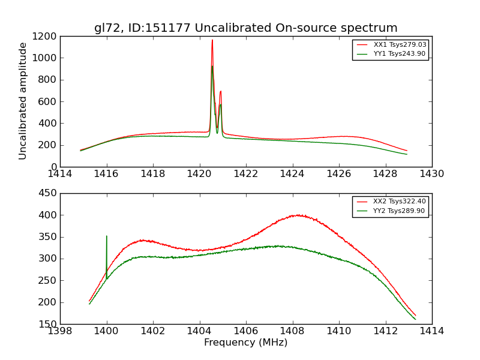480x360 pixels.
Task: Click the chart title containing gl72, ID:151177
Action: pos(245,28)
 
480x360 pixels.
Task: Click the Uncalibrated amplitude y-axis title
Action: pos(23,101)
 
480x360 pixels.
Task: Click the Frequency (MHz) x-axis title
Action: pos(245,343)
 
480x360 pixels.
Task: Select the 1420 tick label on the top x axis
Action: pos(199,174)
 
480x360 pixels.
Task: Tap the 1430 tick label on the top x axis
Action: pos(431,174)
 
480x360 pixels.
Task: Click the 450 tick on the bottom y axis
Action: pos(47,193)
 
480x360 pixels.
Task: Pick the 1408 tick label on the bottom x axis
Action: pos(292,331)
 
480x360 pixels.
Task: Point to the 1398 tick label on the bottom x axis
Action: pos(60,331)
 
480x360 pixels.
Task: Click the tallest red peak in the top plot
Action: pos(212,40)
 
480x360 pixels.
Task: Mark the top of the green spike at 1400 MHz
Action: pos(107,236)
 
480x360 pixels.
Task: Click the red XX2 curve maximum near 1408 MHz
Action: pos(296,215)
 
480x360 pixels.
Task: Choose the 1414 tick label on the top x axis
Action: pos(60,174)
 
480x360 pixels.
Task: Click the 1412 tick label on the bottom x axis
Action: pos(385,331)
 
